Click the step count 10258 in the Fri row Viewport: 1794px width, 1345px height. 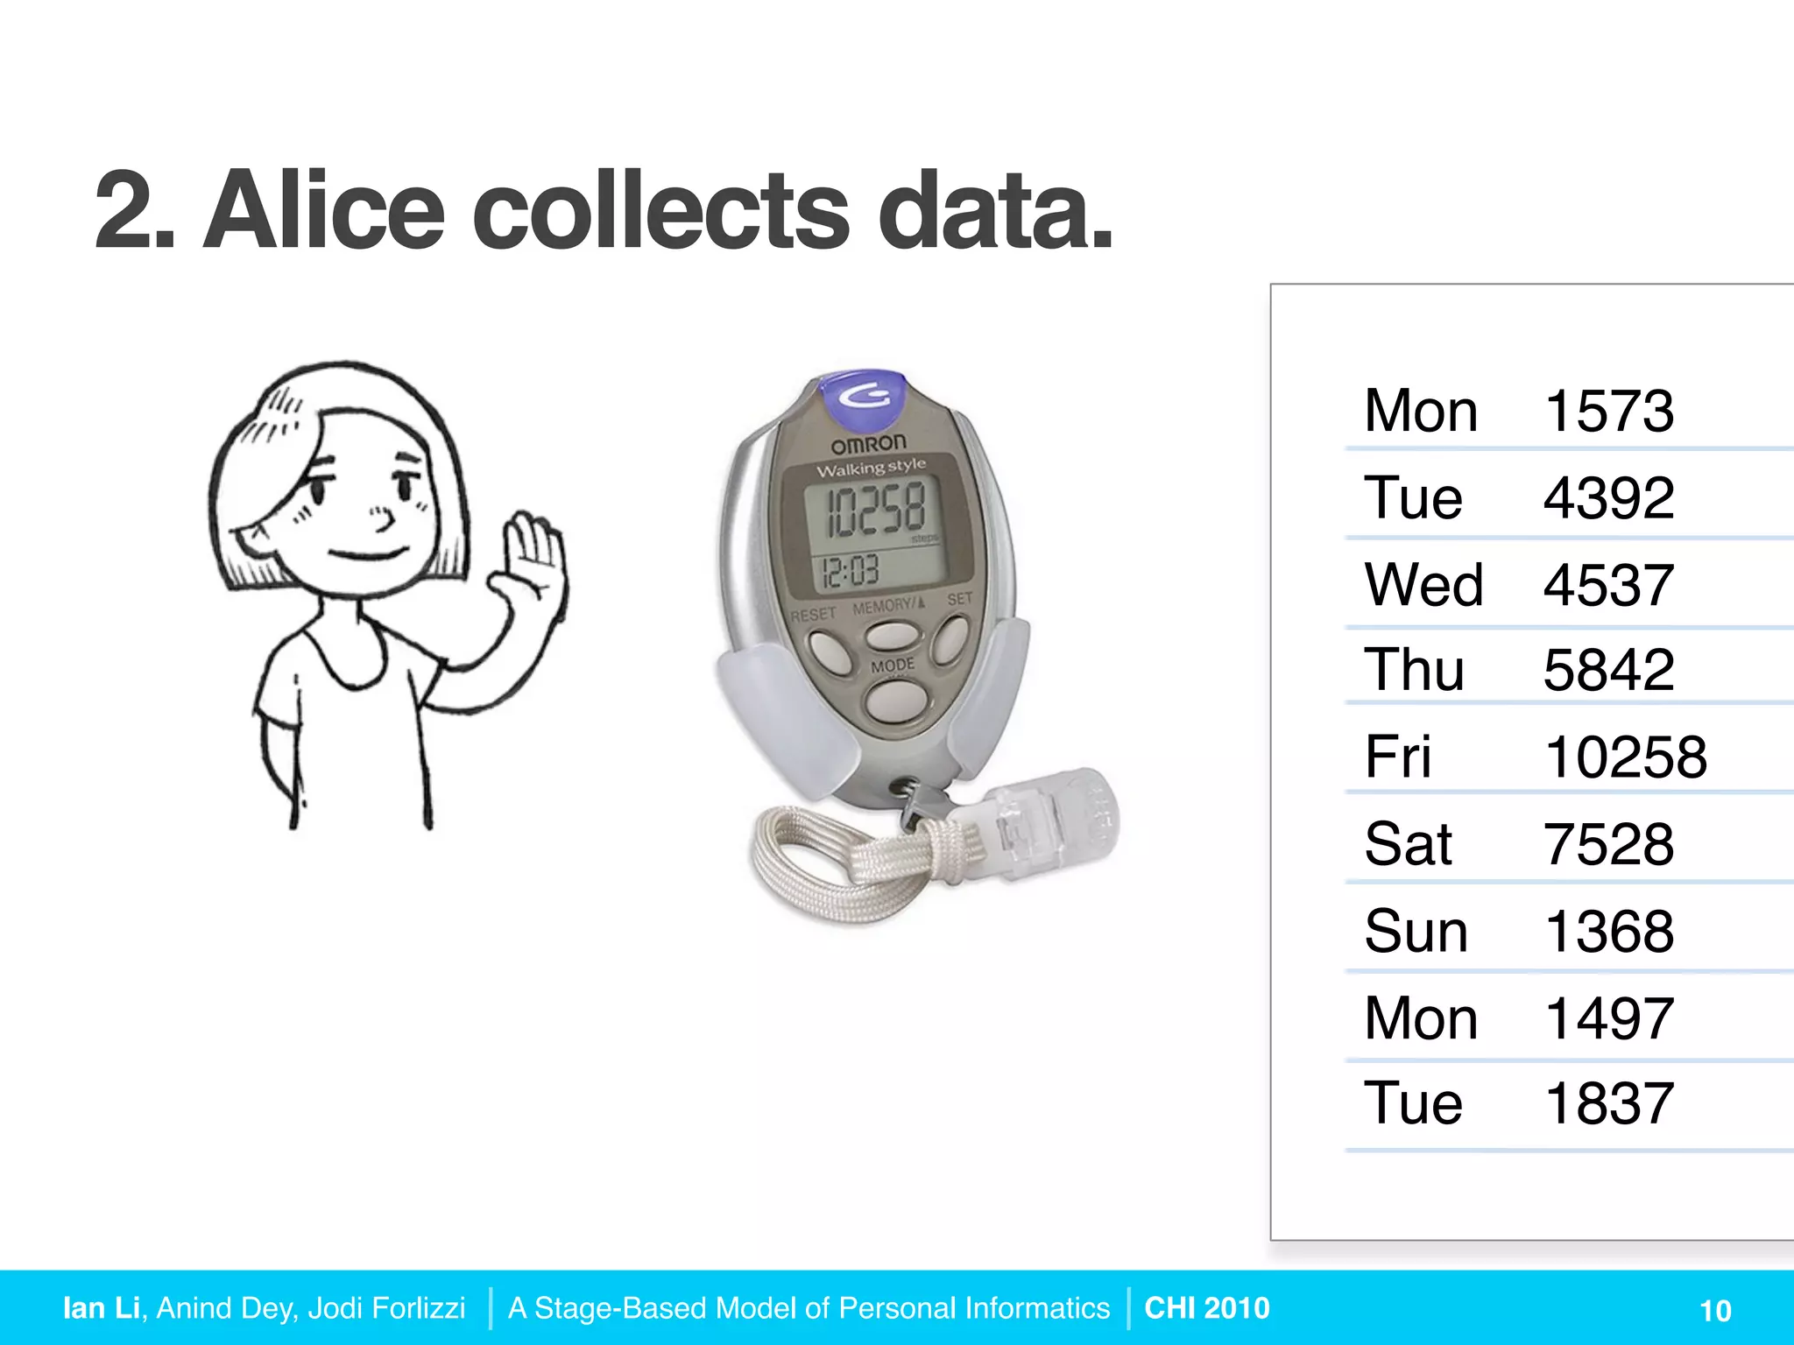tap(1625, 757)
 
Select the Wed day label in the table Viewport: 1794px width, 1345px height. tap(1423, 585)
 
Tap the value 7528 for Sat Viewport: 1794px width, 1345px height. tap(1608, 845)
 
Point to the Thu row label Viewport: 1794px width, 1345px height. tap(1414, 671)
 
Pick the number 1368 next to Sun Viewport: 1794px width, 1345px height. tap(1608, 932)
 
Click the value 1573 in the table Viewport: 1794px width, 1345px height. tap(1608, 411)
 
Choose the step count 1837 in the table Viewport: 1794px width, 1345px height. tap(1608, 1103)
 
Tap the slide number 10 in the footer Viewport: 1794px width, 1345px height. tap(1715, 1311)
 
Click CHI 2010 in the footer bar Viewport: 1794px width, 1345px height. tap(1206, 1307)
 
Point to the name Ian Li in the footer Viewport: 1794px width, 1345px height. tap(102, 1307)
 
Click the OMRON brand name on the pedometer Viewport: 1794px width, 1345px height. tap(868, 443)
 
